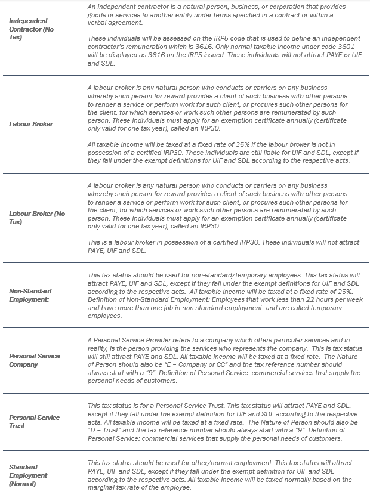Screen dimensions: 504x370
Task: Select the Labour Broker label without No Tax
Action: (x=31, y=124)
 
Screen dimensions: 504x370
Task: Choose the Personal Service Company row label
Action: (x=34, y=360)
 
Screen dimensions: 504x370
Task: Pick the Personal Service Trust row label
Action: (x=34, y=422)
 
